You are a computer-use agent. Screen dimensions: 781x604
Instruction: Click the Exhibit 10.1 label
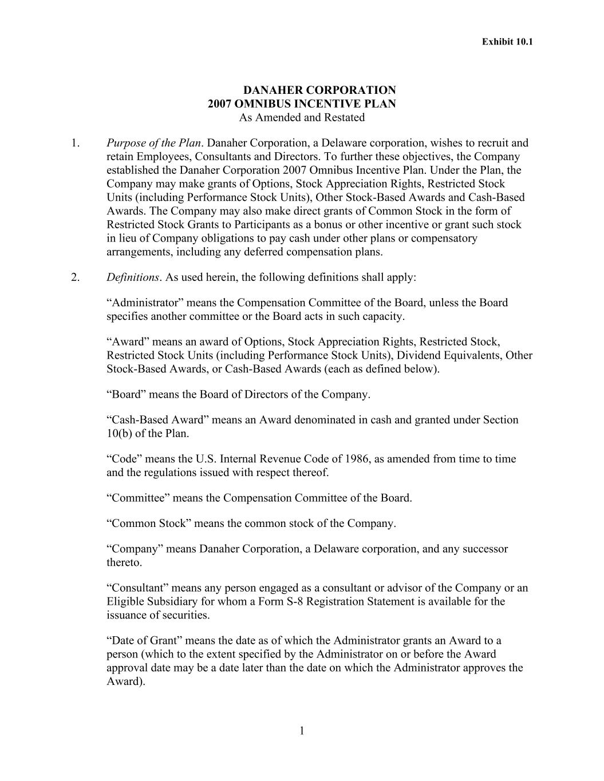pos(507,42)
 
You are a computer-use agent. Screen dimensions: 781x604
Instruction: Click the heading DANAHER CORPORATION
pos(319,90)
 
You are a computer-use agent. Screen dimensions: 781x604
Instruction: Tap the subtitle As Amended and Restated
pos(302,118)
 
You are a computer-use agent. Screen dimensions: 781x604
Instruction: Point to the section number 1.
pos(75,143)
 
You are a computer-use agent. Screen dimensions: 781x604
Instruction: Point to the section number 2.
pos(75,277)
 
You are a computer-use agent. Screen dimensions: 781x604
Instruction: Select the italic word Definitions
pos(133,277)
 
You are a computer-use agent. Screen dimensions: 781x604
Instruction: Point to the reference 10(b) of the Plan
pos(147,434)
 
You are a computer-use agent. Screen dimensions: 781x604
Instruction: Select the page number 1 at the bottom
pos(302,731)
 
